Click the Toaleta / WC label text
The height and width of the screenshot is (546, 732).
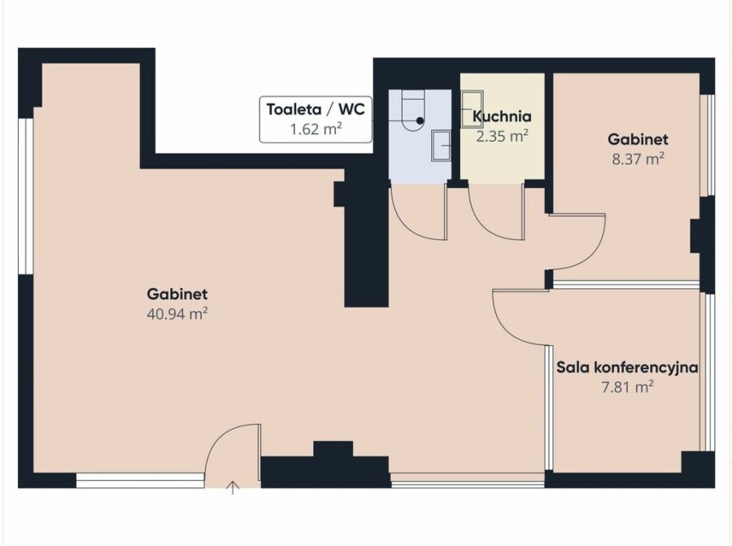pos(316,109)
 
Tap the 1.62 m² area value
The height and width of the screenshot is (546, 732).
pos(316,129)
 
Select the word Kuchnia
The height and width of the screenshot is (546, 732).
pos(502,116)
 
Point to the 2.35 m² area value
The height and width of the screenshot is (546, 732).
pos(502,136)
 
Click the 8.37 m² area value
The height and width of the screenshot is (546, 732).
pos(638,159)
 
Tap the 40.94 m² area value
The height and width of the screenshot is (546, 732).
pos(177,314)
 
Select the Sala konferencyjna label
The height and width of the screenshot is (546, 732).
pos(627,368)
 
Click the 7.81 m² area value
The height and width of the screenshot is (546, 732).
pos(627,387)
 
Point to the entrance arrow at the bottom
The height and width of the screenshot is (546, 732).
pos(233,488)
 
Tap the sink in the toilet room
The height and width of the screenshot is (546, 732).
pos(441,146)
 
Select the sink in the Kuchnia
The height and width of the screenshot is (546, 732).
pos(472,109)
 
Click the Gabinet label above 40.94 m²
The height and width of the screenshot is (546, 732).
pos(177,294)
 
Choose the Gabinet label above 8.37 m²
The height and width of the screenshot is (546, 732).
pos(638,139)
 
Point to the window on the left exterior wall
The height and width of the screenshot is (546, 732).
pos(26,196)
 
